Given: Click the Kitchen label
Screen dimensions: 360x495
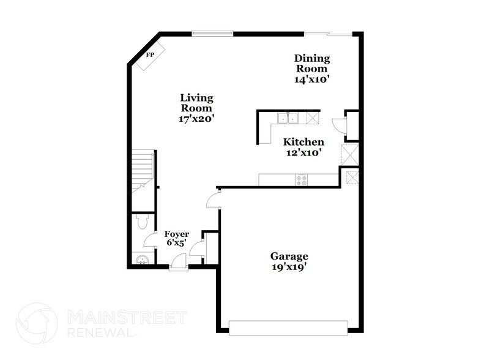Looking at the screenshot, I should pos(303,142).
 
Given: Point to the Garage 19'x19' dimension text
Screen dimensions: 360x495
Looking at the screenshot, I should pos(289,267).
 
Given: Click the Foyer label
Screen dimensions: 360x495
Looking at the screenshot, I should pos(176,234).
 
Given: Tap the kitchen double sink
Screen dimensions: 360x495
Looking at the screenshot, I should pos(287,118).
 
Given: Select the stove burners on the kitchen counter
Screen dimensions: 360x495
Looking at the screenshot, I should pos(302,179).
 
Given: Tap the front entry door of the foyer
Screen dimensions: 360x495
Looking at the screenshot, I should pos(179,263).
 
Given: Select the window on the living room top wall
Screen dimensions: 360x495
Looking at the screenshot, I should pos(212,33).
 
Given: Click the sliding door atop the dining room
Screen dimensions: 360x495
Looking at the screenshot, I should pos(329,33).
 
